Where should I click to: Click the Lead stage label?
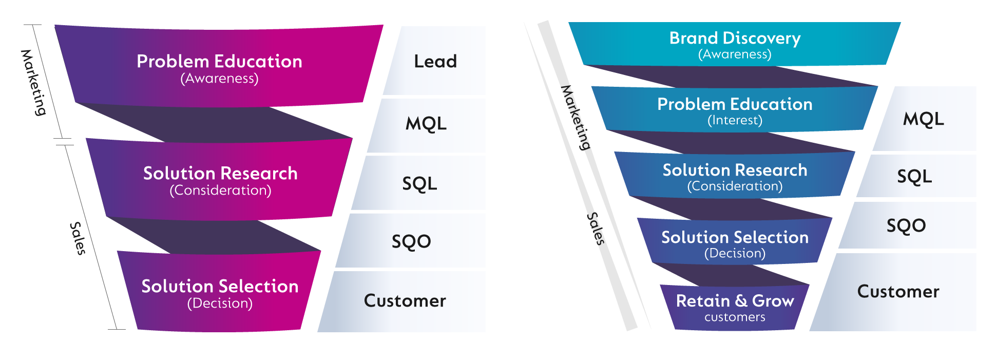click(x=435, y=62)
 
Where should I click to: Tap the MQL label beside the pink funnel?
click(x=426, y=124)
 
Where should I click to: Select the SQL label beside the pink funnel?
click(x=419, y=183)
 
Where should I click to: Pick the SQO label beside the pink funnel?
click(x=411, y=241)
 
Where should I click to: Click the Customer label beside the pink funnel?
click(x=405, y=301)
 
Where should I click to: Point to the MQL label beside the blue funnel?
click(x=923, y=119)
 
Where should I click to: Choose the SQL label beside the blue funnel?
click(x=914, y=177)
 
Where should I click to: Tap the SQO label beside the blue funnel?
click(x=906, y=225)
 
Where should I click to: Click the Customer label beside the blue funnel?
click(x=898, y=292)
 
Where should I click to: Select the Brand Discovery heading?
click(x=735, y=38)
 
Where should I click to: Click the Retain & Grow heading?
click(x=735, y=300)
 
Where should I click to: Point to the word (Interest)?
click(x=735, y=120)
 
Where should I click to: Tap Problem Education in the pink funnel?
click(x=219, y=62)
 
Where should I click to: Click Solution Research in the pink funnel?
click(x=220, y=174)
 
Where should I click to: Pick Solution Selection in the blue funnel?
click(x=735, y=237)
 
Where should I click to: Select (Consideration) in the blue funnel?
click(x=735, y=186)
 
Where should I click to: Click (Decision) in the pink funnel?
click(x=220, y=304)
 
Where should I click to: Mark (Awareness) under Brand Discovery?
click(x=735, y=54)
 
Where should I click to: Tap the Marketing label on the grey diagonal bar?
click(x=575, y=118)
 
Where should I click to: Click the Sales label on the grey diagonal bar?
click(x=596, y=228)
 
